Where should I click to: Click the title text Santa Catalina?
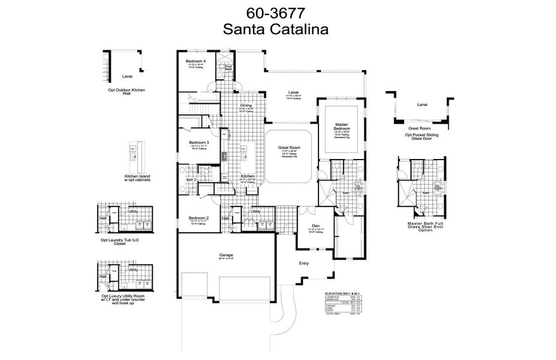click(x=276, y=28)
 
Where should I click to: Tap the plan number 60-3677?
click(x=276, y=13)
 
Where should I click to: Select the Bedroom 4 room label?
click(x=196, y=62)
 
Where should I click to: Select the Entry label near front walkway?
click(x=304, y=263)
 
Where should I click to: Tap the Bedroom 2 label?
click(x=198, y=218)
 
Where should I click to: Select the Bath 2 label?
click(x=191, y=179)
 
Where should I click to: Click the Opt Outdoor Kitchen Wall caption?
click(x=127, y=92)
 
